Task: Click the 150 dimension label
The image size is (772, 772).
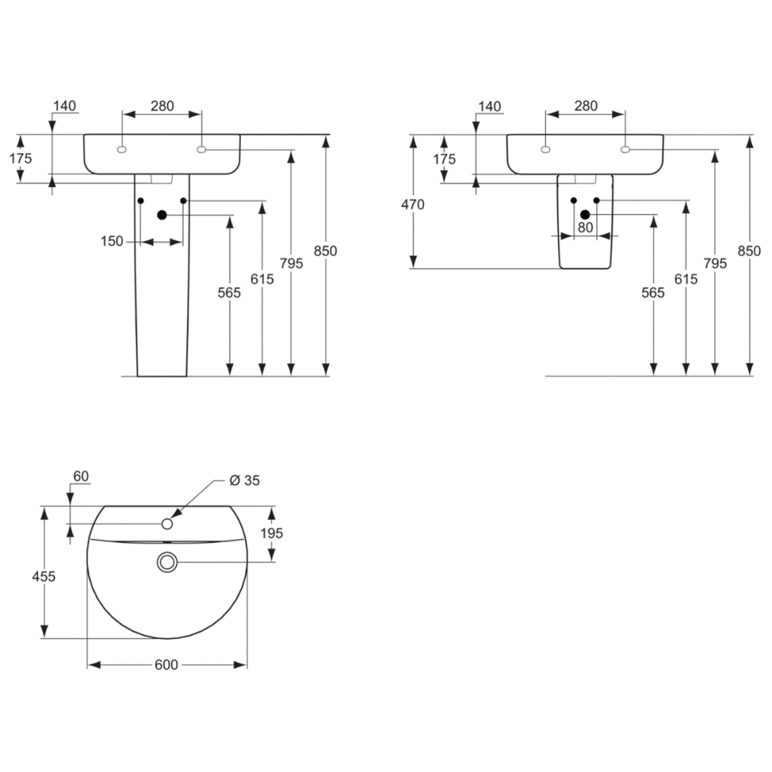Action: point(112,242)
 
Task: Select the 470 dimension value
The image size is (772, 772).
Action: point(412,205)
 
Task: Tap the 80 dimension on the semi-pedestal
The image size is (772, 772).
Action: point(586,227)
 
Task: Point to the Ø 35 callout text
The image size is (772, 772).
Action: point(244,480)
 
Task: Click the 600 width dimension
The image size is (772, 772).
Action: point(166,665)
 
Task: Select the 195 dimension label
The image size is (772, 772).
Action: point(271,533)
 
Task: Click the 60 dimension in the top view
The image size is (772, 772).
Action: point(80,477)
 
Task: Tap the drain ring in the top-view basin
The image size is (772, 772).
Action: point(167,562)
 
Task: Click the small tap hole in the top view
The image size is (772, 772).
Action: point(167,524)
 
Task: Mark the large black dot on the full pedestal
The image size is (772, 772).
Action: point(162,215)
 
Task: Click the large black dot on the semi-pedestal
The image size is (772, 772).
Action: point(585,215)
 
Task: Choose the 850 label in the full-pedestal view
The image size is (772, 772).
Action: point(325,251)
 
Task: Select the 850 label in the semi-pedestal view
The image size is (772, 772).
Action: point(749,251)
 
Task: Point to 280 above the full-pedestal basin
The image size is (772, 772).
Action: point(162,106)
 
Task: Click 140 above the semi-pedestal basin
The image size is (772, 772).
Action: point(489,106)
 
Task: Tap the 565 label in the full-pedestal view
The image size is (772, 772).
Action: point(229,293)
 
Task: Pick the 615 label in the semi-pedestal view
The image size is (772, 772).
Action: point(685,279)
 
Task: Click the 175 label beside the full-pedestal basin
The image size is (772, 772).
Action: point(21,158)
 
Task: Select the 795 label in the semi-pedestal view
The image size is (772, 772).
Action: point(715,263)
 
